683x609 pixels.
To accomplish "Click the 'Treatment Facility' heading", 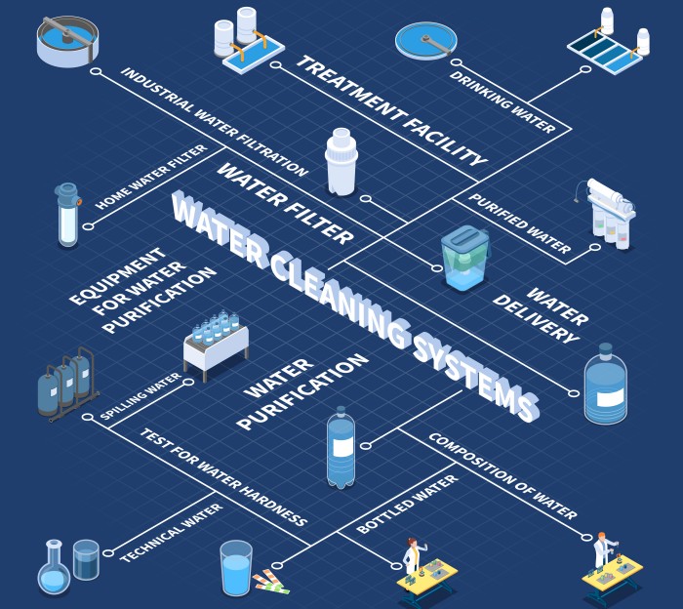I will (390, 111).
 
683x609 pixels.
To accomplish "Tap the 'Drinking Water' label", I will (503, 101).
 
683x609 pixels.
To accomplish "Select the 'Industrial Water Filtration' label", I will (215, 122).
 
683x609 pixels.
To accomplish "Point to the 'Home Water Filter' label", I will (151, 178).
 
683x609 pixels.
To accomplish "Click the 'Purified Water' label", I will (519, 223).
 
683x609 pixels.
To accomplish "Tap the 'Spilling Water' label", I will (141, 396).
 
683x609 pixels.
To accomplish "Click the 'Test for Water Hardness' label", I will (223, 476).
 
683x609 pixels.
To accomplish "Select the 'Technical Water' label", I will (171, 532).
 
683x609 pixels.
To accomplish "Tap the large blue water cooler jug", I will (605, 385).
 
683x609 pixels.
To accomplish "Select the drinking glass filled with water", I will (236, 568).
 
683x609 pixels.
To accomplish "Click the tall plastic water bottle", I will (341, 448).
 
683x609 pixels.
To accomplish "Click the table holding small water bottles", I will (216, 344).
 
